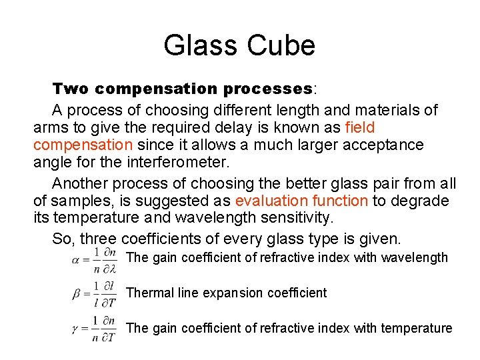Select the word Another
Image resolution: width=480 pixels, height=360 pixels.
pyautogui.click(x=81, y=183)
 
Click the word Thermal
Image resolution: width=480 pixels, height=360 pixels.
pyautogui.click(x=148, y=293)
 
